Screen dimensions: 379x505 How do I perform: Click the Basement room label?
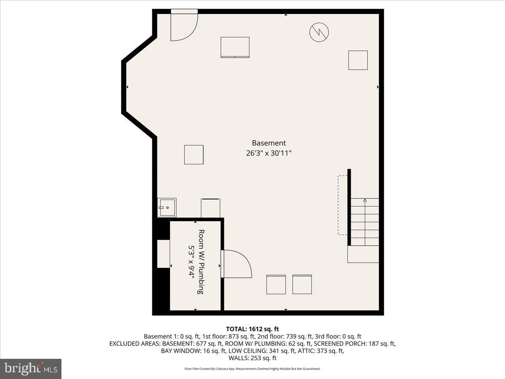[268, 143]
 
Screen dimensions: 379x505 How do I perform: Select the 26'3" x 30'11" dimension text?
[268, 153]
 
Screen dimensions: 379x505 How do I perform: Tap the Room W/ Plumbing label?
[201, 262]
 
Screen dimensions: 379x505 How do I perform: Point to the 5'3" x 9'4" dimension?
[191, 262]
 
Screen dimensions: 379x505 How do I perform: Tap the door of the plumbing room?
[236, 264]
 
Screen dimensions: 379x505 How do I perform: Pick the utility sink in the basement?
[167, 208]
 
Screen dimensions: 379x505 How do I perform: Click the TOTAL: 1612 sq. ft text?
[252, 329]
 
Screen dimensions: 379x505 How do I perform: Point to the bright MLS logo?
[31, 369]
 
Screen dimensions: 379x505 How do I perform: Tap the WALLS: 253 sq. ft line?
[252, 358]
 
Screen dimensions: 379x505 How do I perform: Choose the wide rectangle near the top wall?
[235, 47]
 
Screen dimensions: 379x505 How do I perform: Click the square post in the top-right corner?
[358, 60]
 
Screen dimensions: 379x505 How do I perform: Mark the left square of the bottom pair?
[276, 285]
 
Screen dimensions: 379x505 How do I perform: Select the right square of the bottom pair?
[302, 285]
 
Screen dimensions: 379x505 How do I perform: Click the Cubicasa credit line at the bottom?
[252, 369]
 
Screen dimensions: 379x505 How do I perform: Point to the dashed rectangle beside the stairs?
[342, 205]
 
